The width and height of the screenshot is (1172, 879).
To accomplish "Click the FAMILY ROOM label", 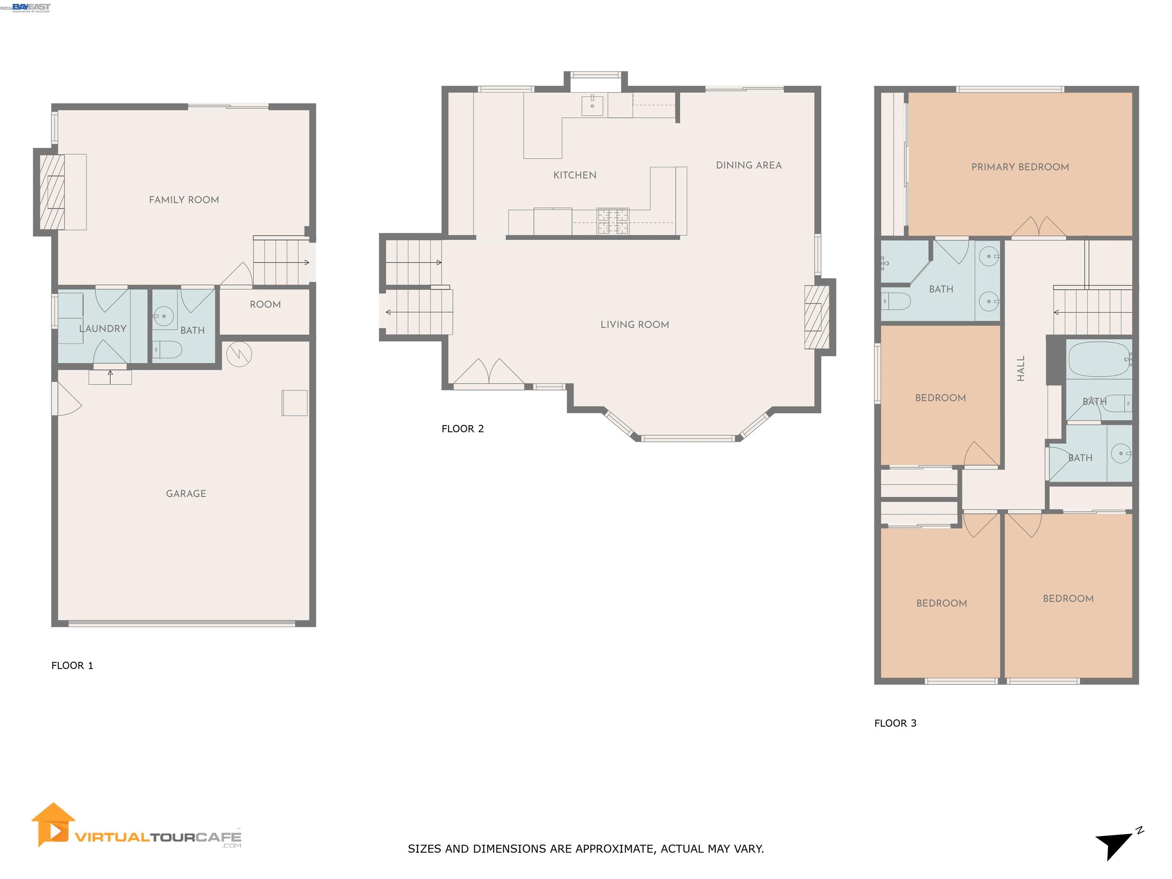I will pos(184,200).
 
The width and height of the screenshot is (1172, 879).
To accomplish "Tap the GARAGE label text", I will pos(186,493).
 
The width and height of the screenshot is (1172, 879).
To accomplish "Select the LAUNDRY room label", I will pos(103,328).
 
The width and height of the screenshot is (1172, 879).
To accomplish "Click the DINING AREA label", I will pos(748,165).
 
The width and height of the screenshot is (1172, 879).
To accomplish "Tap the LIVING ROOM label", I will pos(634,324).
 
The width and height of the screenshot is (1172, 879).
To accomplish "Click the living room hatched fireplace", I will pos(816,317).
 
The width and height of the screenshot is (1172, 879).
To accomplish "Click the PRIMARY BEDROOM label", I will pos(1019,167).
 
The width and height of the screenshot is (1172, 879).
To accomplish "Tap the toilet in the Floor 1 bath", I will pos(168,350).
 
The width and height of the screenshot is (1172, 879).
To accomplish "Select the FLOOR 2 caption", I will pos(462,429).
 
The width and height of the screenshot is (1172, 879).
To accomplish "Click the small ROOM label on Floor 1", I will pos(265,304).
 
